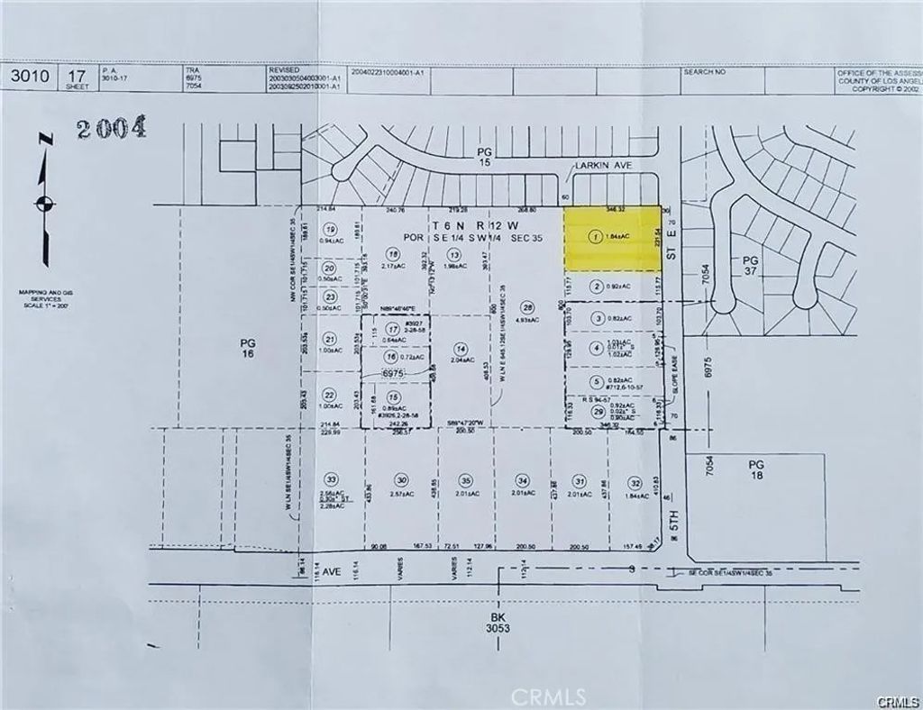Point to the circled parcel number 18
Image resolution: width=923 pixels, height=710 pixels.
pyautogui.click(x=392, y=254)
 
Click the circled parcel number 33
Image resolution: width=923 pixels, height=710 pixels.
pyautogui.click(x=333, y=479)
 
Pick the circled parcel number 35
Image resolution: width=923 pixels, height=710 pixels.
pyautogui.click(x=465, y=479)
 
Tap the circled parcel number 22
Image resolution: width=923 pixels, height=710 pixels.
pyautogui.click(x=331, y=395)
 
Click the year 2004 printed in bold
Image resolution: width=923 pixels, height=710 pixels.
pyautogui.click(x=111, y=129)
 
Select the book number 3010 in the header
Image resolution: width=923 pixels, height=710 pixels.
pyautogui.click(x=29, y=77)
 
